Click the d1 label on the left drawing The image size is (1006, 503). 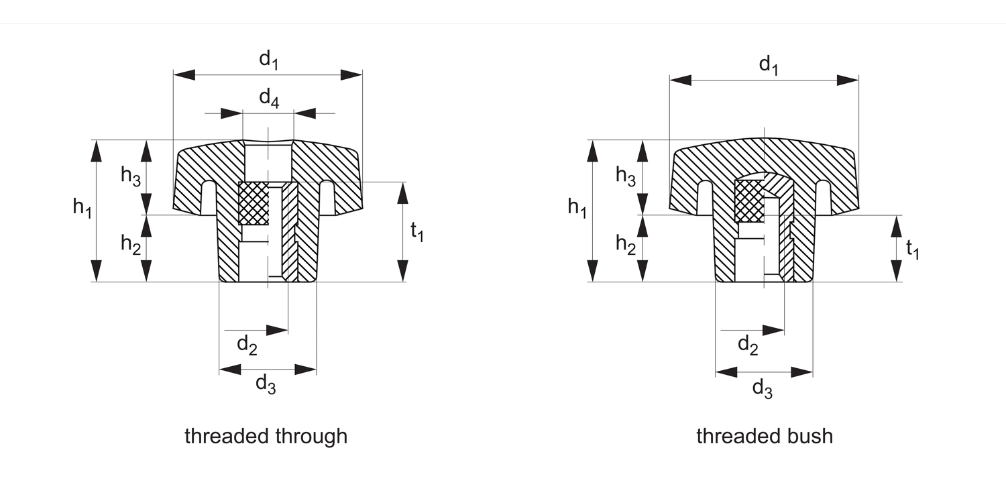(268, 60)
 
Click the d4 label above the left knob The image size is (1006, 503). (268, 99)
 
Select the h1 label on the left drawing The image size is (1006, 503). (81, 208)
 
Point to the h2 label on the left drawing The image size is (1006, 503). (130, 245)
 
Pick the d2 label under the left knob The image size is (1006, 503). (247, 345)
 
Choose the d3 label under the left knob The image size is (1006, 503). (266, 384)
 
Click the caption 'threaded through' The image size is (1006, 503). (266, 437)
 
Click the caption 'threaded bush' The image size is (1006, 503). (764, 437)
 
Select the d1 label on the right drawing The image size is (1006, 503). (768, 65)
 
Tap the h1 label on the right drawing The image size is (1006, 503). (576, 208)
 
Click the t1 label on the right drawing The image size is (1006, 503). (913, 249)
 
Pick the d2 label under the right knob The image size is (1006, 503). (748, 345)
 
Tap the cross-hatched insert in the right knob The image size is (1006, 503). (749, 200)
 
